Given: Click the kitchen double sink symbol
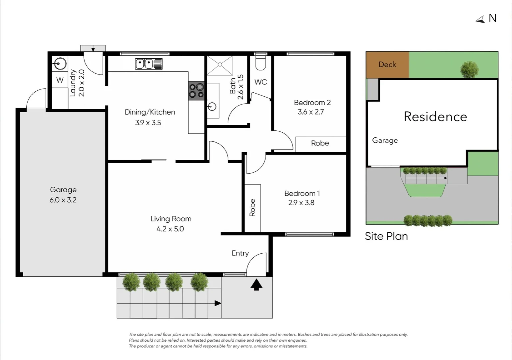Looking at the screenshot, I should [x=149, y=63].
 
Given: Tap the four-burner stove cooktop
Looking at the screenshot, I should [x=196, y=91].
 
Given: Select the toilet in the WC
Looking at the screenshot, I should [x=260, y=63].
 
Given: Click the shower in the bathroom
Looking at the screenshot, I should [x=220, y=65].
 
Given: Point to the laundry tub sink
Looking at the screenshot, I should [x=60, y=63].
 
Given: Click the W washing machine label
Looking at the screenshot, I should [x=60, y=80].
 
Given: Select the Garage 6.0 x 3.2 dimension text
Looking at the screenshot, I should [x=63, y=200].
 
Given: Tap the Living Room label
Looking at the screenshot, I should [x=171, y=219].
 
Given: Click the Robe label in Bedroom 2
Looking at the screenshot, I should [x=320, y=143].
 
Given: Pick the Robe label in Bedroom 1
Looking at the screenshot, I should [x=252, y=208].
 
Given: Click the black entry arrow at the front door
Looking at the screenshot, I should [x=256, y=285].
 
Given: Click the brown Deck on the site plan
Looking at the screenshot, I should [x=387, y=65].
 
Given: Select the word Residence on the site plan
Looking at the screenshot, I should [x=435, y=117].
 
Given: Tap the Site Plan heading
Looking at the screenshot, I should [x=386, y=236].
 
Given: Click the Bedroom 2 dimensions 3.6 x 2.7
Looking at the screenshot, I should [x=310, y=112].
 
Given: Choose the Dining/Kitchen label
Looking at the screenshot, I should [x=150, y=112].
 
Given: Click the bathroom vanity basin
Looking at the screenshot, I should [x=212, y=107].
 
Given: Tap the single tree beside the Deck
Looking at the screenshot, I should [x=469, y=69].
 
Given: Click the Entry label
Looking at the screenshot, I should [x=240, y=253].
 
